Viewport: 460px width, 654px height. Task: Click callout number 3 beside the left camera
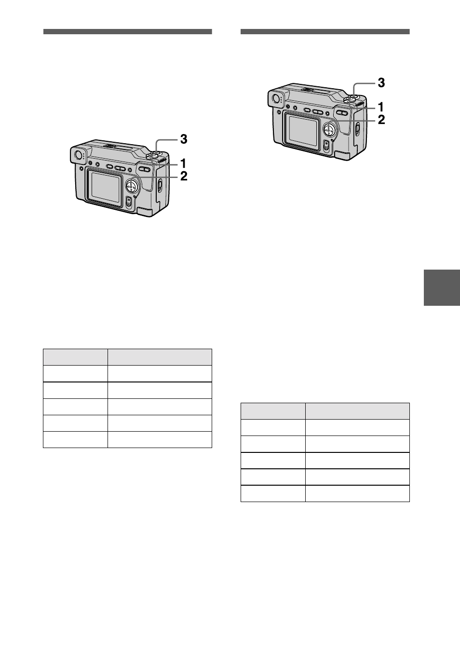pos(184,139)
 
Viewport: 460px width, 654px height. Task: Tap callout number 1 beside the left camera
pos(183,163)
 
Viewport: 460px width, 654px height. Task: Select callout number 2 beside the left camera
pos(184,176)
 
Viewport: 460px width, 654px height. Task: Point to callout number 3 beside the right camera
pos(381,83)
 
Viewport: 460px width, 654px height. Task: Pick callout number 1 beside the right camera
pos(380,107)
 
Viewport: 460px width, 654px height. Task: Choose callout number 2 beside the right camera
pos(381,120)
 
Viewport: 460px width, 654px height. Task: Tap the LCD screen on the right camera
pos(303,130)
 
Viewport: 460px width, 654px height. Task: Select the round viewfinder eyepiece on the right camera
pos(275,98)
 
